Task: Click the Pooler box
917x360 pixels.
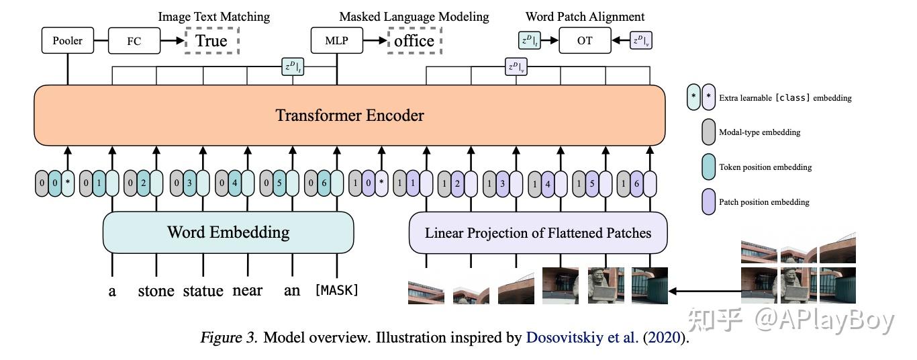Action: [x=68, y=41]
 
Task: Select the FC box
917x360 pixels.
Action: [x=134, y=41]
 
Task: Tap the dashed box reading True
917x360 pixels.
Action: [x=211, y=41]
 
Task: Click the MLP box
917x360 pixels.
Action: [x=336, y=41]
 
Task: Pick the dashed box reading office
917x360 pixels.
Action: [x=414, y=41]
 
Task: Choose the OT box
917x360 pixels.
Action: [x=585, y=41]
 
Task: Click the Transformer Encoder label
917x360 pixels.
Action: [x=350, y=115]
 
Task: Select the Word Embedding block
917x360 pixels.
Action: [x=228, y=232]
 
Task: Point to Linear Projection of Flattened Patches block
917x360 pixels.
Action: [x=538, y=233]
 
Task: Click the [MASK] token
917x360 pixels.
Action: [x=336, y=291]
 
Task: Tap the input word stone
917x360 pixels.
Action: [x=156, y=291]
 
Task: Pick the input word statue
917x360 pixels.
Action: [x=203, y=291]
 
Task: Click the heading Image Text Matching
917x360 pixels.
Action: [x=213, y=16]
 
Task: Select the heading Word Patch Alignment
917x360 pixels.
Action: [x=585, y=16]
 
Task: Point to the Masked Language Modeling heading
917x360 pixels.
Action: [x=414, y=16]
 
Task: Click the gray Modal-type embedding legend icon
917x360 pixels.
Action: [x=708, y=132]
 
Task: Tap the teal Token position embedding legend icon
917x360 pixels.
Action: [x=708, y=167]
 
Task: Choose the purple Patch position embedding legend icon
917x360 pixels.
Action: [x=708, y=201]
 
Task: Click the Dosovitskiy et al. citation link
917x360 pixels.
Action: [x=582, y=338]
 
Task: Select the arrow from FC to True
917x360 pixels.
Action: [x=173, y=41]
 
